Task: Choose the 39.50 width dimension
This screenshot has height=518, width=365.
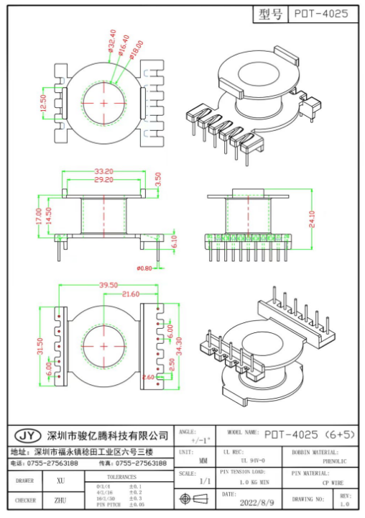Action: pos(108,286)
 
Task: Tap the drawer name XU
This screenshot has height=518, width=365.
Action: pos(60,479)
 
